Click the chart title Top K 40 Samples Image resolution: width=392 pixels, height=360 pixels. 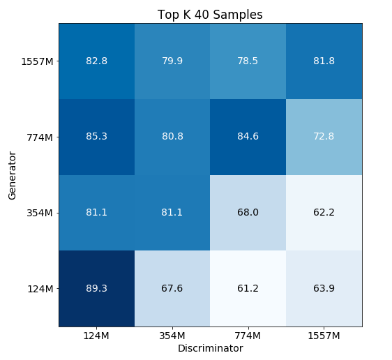[210, 15]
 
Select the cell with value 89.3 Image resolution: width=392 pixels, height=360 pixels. [96, 288]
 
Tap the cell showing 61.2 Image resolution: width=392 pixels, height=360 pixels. [248, 288]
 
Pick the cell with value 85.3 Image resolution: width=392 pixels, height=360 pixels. [96, 137]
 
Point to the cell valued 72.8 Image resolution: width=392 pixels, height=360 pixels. [324, 137]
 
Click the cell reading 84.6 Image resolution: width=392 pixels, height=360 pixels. [248, 137]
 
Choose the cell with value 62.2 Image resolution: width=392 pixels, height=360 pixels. [324, 212]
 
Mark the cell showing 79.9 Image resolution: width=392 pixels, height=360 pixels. [172, 61]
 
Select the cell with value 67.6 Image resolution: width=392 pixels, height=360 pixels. [172, 288]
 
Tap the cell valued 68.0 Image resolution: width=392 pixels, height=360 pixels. [248, 212]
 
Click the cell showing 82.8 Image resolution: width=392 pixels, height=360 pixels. [96, 61]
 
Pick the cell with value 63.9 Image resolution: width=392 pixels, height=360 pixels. [324, 288]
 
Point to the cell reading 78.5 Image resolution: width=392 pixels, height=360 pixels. [248, 61]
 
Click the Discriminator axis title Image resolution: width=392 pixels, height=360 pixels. [210, 347]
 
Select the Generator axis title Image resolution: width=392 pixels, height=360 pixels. [13, 174]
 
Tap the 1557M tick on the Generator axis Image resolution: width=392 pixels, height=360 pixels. [37, 61]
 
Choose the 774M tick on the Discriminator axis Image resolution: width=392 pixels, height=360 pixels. [248, 336]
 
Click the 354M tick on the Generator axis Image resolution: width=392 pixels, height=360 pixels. [40, 212]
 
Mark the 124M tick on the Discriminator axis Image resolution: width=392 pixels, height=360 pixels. [96, 336]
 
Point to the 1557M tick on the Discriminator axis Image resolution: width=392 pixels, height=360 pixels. [324, 336]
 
